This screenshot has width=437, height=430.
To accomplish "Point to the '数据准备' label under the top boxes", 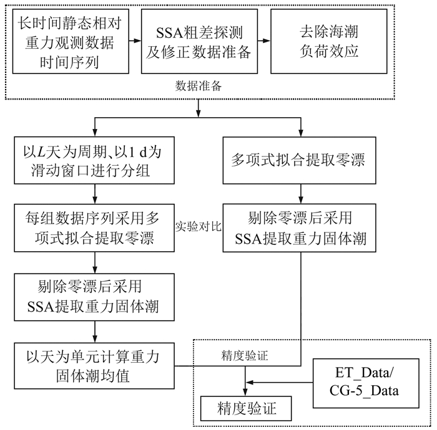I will (x=199, y=87).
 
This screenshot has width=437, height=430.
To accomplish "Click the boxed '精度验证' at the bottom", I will (x=245, y=409).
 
